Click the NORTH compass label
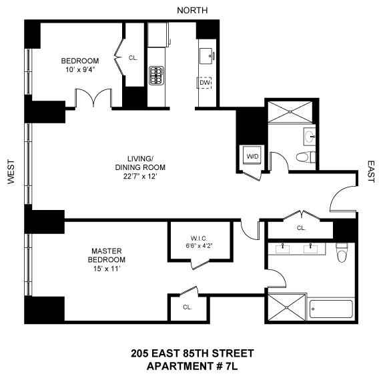click(192, 9)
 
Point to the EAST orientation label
click(371, 171)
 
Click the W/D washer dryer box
click(253, 157)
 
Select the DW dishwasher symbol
click(204, 83)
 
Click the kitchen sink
click(205, 53)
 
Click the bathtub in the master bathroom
click(330, 309)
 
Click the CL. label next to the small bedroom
click(133, 58)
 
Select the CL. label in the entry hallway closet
click(302, 228)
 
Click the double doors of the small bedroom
click(92, 99)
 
